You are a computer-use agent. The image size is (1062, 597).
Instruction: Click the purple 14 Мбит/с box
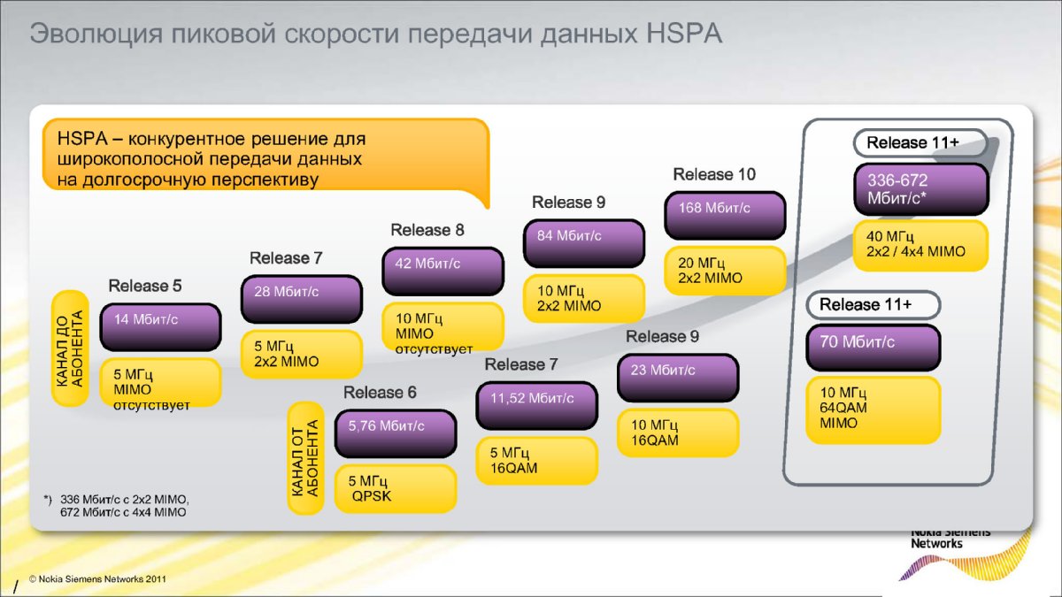pos(160,327)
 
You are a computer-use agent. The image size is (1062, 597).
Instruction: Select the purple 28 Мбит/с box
pos(302,299)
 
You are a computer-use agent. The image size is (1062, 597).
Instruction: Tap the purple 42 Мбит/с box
pos(442,271)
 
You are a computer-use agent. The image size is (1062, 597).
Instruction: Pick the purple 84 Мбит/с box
pos(584,243)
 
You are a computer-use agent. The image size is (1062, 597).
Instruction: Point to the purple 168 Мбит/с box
pos(725,215)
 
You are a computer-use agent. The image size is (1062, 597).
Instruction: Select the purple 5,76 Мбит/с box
pos(396,433)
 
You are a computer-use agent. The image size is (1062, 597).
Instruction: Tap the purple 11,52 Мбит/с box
pos(537,406)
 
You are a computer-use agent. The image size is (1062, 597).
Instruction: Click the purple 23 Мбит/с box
pos(678,378)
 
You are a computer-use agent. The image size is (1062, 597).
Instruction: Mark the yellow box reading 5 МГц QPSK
pos(396,488)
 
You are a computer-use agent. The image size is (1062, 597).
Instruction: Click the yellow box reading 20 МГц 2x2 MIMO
pos(725,271)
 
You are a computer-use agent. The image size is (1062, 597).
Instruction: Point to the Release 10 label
pos(714,174)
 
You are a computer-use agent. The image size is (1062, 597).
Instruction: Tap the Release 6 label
pos(380,393)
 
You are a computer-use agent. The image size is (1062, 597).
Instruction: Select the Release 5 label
pos(145,286)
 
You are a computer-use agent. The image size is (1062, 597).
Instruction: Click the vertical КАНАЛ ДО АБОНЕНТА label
pos(71,348)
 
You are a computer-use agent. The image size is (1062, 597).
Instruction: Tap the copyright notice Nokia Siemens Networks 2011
pos(96,578)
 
